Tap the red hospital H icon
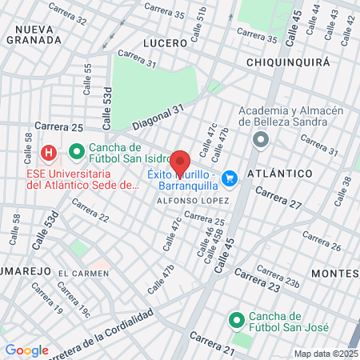[50, 151]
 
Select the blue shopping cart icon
[230, 178]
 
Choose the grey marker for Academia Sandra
[260, 140]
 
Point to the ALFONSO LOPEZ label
[186, 200]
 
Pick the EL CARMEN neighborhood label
[83, 274]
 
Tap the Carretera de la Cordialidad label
[122, 331]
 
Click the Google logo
[26, 350]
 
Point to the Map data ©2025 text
[325, 354]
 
